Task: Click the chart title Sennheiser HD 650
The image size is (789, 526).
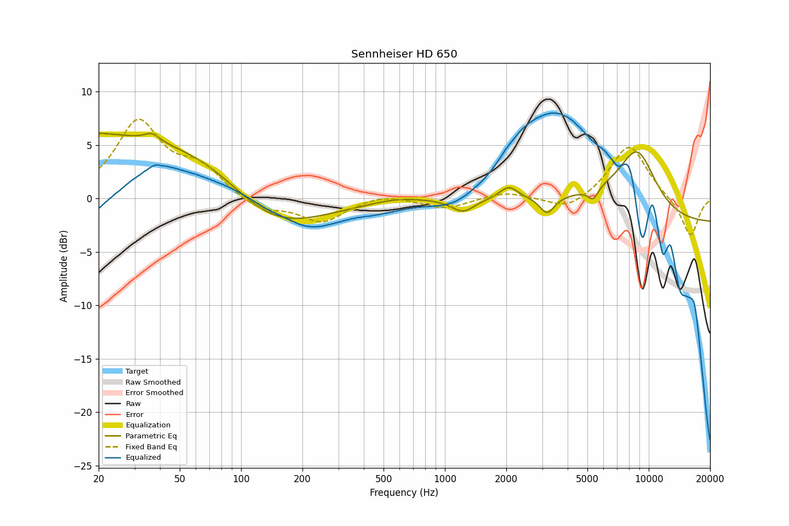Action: click(x=404, y=54)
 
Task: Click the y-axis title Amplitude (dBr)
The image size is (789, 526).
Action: click(x=64, y=266)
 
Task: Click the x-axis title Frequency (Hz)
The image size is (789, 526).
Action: click(x=404, y=493)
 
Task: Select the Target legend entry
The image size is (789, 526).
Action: click(x=136, y=371)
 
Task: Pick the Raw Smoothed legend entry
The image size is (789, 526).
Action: click(x=153, y=382)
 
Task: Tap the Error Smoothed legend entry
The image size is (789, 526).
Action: click(x=154, y=393)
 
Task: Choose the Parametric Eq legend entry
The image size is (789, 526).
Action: click(x=151, y=436)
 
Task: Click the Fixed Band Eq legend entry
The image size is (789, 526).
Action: click(x=151, y=447)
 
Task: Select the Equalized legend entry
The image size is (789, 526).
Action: click(x=143, y=458)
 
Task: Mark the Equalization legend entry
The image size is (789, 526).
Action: click(x=148, y=425)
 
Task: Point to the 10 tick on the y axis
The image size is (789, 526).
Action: click(x=87, y=92)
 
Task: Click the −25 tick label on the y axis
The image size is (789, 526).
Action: click(x=84, y=466)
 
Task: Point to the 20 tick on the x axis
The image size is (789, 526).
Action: click(x=99, y=479)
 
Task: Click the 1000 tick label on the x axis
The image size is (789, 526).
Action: click(x=445, y=479)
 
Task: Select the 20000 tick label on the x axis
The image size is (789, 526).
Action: click(x=710, y=479)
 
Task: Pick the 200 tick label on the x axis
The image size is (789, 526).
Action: click(x=302, y=479)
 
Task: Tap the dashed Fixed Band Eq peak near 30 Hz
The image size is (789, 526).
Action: click(x=139, y=119)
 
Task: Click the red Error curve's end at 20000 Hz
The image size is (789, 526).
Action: click(x=710, y=82)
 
